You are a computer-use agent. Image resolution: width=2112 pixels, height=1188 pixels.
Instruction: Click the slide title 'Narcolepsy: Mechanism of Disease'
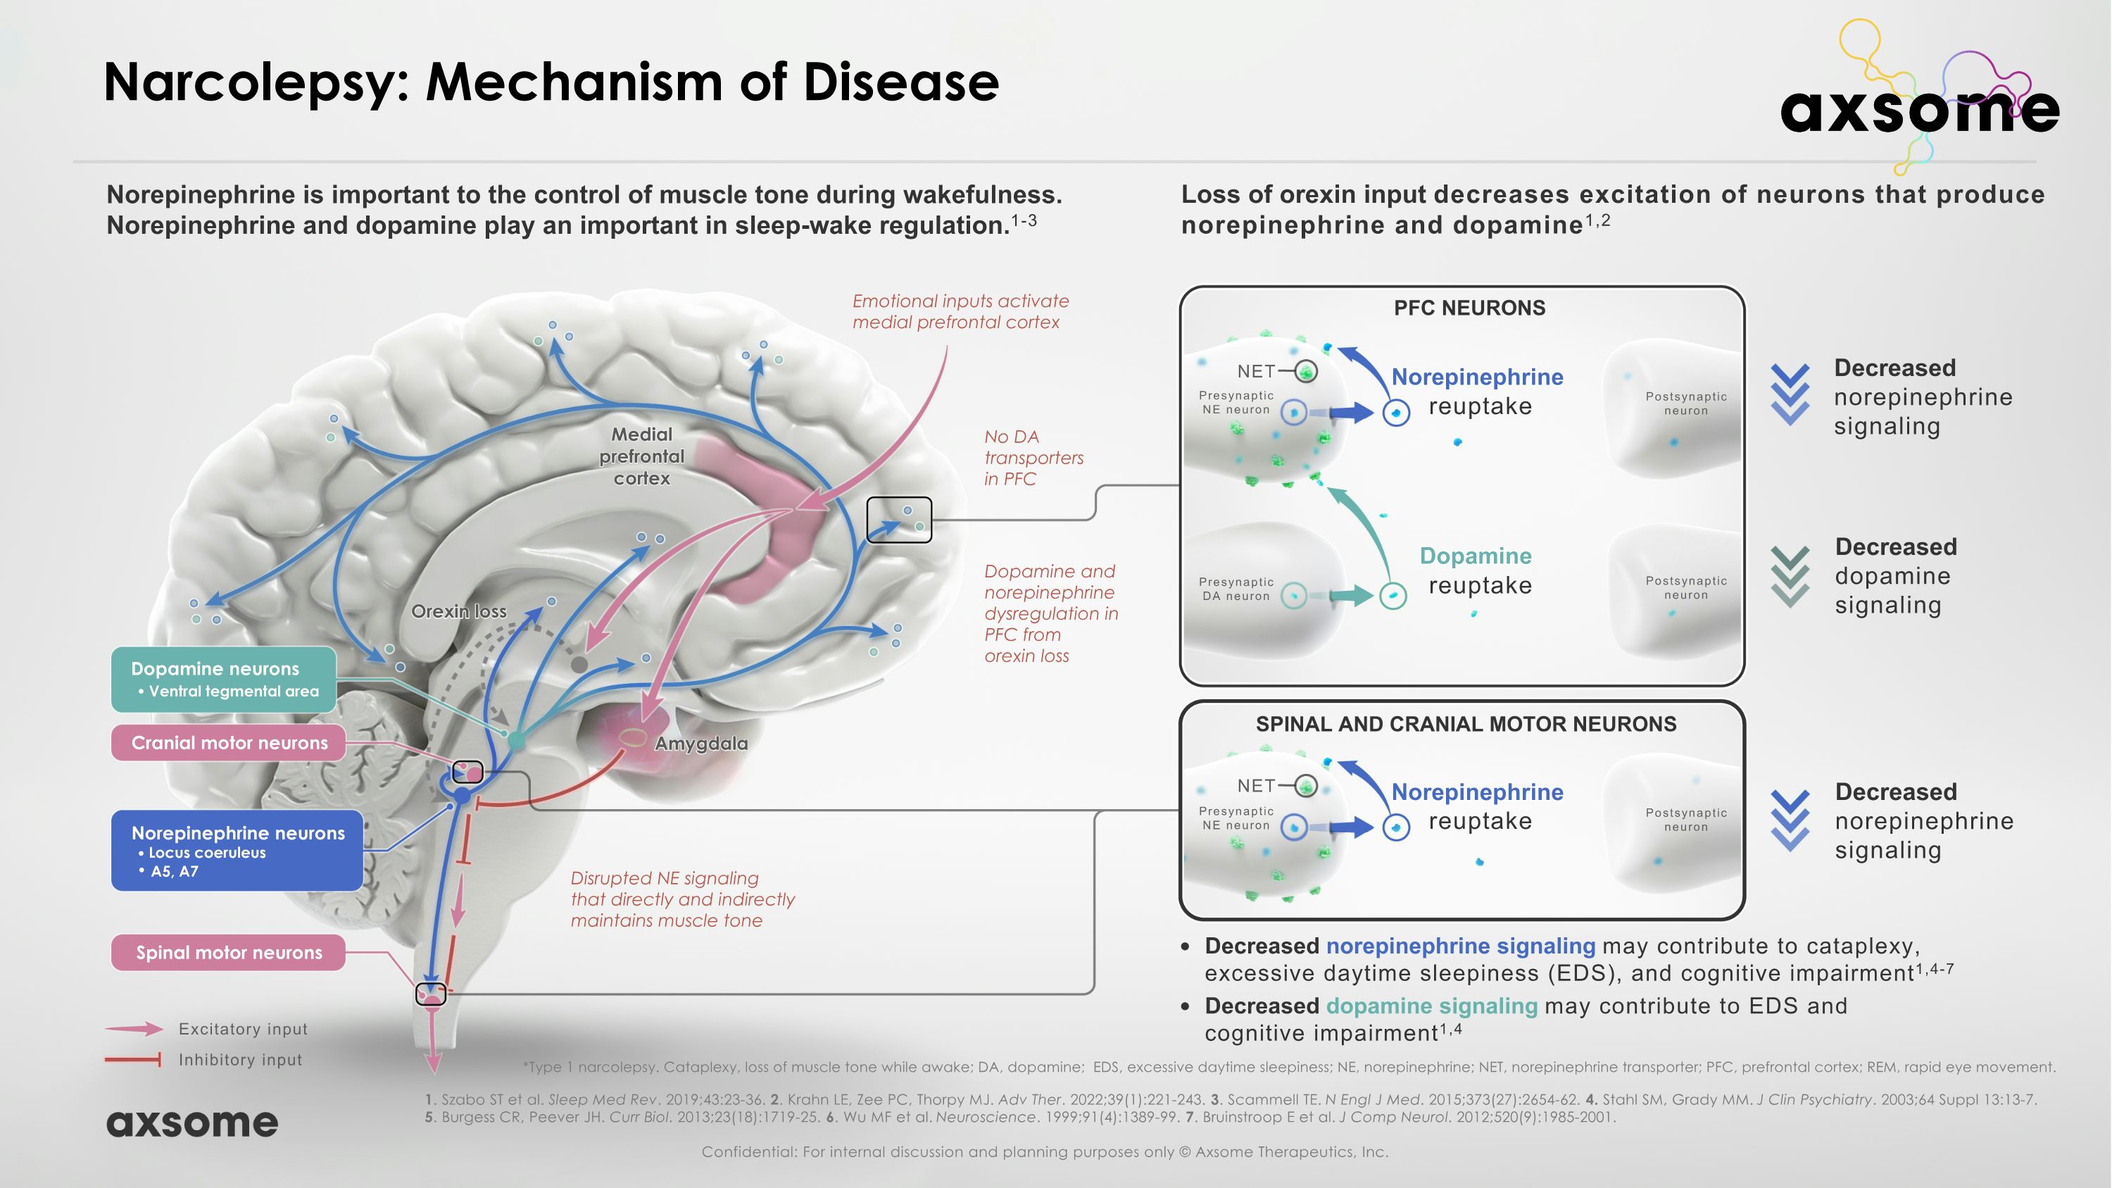(551, 83)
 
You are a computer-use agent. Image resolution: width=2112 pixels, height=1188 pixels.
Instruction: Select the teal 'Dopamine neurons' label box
(223, 679)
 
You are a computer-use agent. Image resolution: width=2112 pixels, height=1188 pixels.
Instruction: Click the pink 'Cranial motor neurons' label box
(229, 743)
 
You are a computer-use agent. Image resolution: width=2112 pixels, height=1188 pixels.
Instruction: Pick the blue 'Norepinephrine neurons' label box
(237, 850)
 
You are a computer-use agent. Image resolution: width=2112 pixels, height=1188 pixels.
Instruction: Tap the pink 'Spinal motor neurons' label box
(229, 953)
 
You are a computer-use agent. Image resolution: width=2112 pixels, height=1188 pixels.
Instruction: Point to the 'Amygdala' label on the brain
(701, 744)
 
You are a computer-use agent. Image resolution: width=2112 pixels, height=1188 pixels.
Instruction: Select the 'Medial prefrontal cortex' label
(641, 456)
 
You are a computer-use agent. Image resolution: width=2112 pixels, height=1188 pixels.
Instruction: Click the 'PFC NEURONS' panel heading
(1469, 308)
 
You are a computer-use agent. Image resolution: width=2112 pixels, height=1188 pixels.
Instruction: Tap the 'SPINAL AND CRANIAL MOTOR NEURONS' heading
(1466, 724)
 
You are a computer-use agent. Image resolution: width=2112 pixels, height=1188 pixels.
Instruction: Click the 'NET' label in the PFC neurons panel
(1256, 371)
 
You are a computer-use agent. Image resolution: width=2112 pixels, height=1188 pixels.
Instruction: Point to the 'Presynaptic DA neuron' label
(1236, 589)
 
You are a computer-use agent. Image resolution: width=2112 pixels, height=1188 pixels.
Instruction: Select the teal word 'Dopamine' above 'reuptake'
(1475, 556)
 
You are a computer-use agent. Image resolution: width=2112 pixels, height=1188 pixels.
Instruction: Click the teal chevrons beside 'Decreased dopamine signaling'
(1790, 576)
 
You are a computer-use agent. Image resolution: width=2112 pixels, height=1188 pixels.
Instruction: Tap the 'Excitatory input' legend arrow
(134, 1029)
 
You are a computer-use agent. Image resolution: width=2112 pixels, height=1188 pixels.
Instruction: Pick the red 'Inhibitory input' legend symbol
(133, 1060)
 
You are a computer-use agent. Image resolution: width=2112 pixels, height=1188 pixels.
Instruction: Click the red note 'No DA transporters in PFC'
(1033, 458)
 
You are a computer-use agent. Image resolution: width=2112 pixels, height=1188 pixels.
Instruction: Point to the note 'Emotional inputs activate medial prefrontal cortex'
(960, 311)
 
